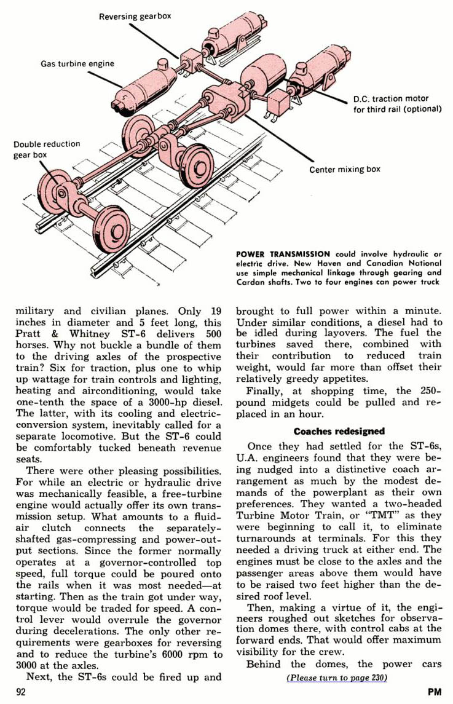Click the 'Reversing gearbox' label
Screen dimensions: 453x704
pyautogui.click(x=135, y=17)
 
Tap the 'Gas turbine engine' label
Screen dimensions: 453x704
pyautogui.click(x=77, y=64)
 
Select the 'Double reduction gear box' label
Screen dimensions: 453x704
pyautogui.click(x=47, y=149)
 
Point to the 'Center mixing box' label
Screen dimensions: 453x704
pyautogui.click(x=344, y=169)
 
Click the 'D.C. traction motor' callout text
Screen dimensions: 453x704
pyautogui.click(x=390, y=99)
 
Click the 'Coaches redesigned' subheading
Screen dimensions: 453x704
pyautogui.click(x=339, y=432)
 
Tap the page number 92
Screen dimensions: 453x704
pyautogui.click(x=21, y=692)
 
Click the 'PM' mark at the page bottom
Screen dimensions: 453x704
pyautogui.click(x=435, y=692)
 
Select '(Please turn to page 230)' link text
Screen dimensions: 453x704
pyautogui.click(x=337, y=678)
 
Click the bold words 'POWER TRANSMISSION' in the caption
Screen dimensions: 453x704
pyautogui.click(x=283, y=254)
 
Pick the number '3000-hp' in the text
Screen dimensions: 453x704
pyautogui.click(x=171, y=402)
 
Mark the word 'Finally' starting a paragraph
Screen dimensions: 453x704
pyautogui.click(x=265, y=391)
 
